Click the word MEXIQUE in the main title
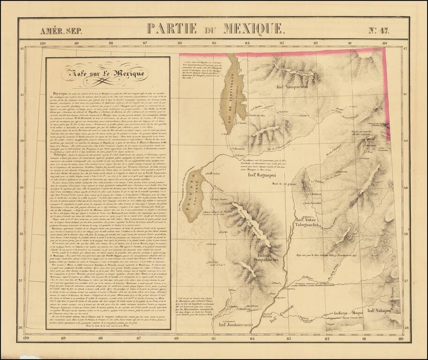254,29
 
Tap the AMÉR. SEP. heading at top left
61,31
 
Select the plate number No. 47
378,31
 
